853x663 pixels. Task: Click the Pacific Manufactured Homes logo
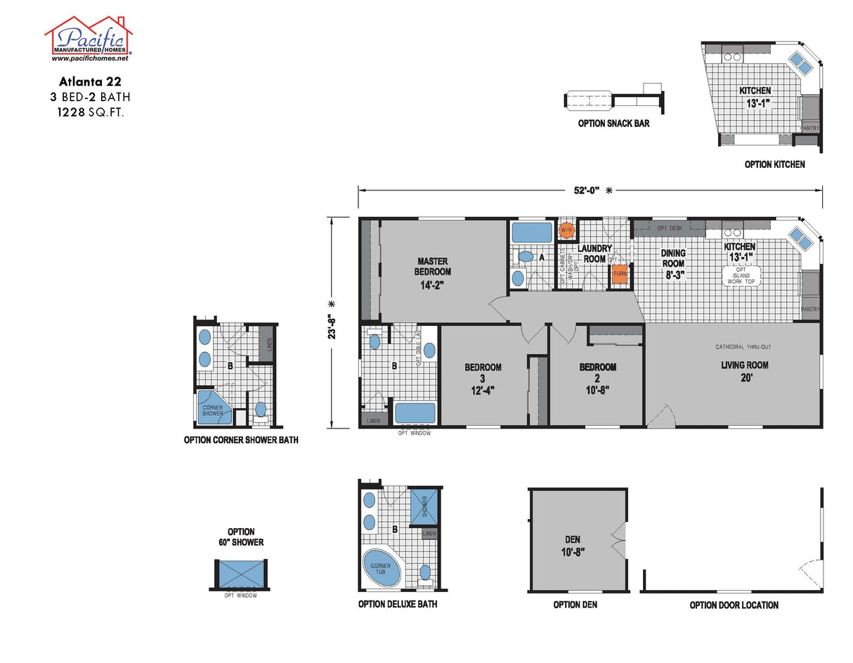[89, 39]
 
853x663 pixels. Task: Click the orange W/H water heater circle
[566, 230]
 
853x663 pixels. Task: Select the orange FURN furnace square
[619, 273]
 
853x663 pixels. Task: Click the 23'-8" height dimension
[331, 322]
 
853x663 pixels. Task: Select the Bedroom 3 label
[483, 379]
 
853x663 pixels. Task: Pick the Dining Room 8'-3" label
[672, 263]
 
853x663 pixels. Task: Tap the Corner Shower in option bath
[213, 410]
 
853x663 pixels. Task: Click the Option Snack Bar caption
[613, 124]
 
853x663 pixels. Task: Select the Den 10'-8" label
[573, 545]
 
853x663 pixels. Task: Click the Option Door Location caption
[734, 605]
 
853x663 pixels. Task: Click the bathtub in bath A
[532, 232]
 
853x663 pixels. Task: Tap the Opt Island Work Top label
[740, 276]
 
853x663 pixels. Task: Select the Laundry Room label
[594, 254]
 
